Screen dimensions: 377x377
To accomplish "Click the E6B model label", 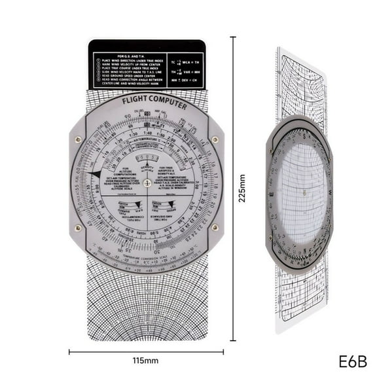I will click(353, 360).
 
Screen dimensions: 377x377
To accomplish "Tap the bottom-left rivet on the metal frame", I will click(79, 228).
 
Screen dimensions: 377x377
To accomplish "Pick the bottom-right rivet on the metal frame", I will click(215, 228).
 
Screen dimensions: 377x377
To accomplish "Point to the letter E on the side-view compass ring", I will click(272, 194).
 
